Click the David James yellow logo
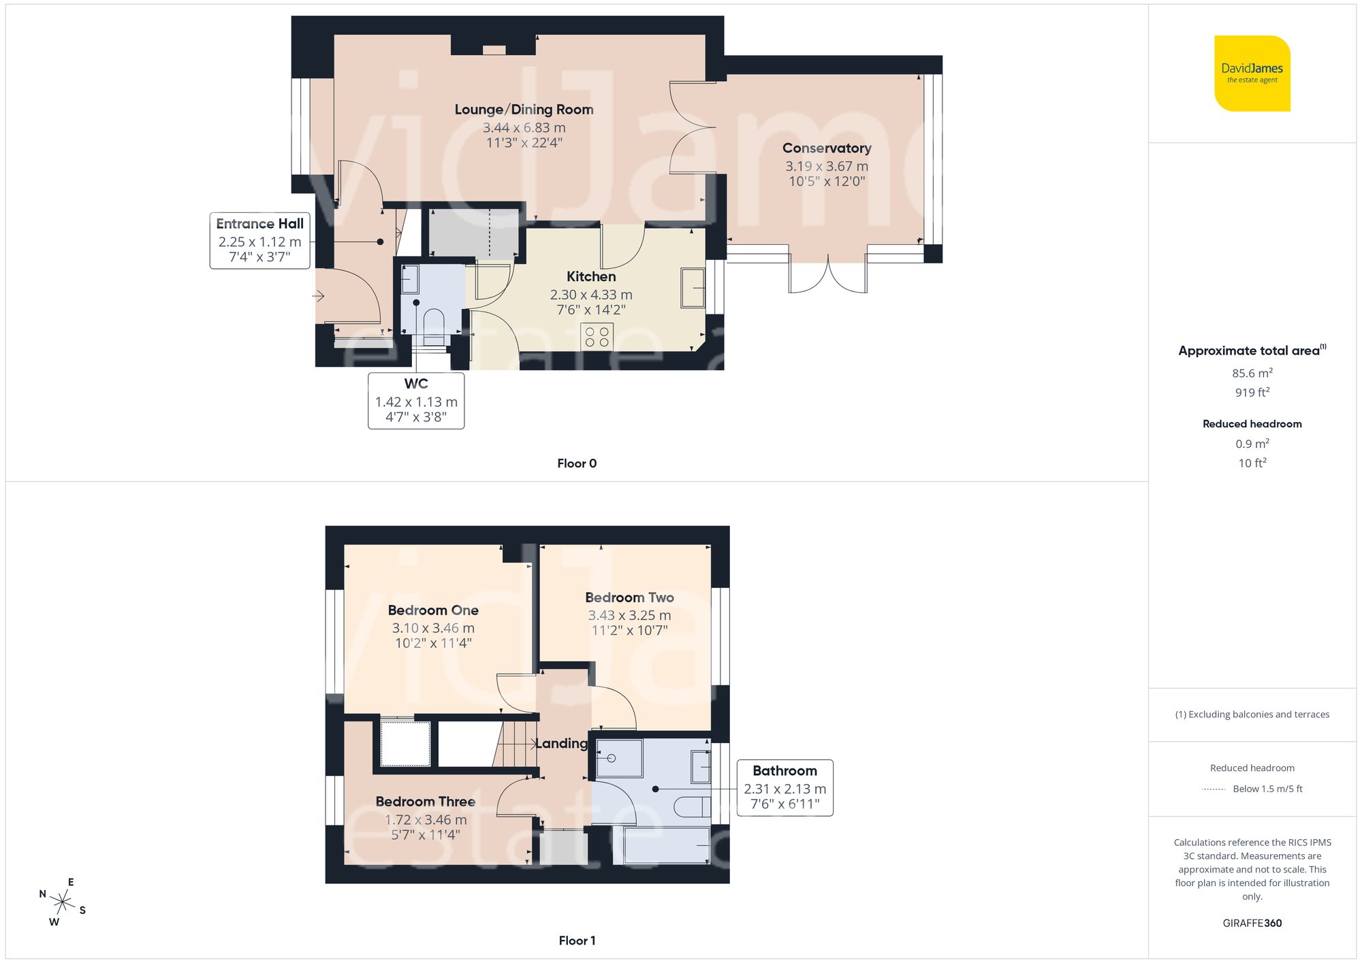pyautogui.click(x=1252, y=74)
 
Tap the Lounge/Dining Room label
pyautogui.click(x=524, y=110)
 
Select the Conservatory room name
pyautogui.click(x=826, y=148)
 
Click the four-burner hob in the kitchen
pyautogui.click(x=597, y=337)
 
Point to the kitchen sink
pyautogui.click(x=693, y=288)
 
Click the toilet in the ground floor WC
pyautogui.click(x=434, y=321)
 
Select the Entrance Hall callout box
pyautogui.click(x=259, y=240)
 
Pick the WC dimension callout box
pyautogui.click(x=416, y=401)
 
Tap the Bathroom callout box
pyautogui.click(x=785, y=787)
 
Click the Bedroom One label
pyautogui.click(x=433, y=610)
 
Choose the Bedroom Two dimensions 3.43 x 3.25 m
pyautogui.click(x=629, y=615)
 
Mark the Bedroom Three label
pyautogui.click(x=425, y=802)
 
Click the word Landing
pyautogui.click(x=561, y=743)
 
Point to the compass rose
pyautogui.click(x=63, y=902)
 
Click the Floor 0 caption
pyautogui.click(x=576, y=463)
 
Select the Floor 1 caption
pyautogui.click(x=576, y=941)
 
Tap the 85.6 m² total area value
pyautogui.click(x=1252, y=373)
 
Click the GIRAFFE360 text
pyautogui.click(x=1252, y=923)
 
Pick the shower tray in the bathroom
pyautogui.click(x=619, y=758)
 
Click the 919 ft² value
pyautogui.click(x=1252, y=392)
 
